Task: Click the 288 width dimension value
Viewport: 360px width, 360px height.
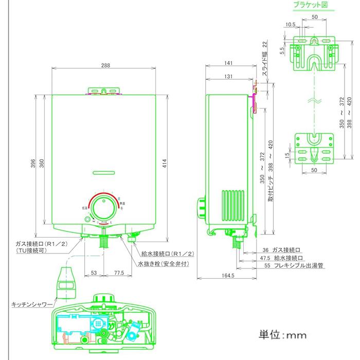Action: pyautogui.click(x=105, y=65)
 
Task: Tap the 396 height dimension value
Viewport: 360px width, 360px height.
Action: pyautogui.click(x=33, y=164)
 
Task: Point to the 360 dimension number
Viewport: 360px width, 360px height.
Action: pyautogui.click(x=42, y=164)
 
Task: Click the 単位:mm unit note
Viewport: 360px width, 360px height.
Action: pyautogui.click(x=282, y=335)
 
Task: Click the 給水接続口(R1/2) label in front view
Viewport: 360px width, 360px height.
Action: pyautogui.click(x=168, y=254)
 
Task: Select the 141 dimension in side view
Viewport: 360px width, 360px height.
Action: pyautogui.click(x=228, y=63)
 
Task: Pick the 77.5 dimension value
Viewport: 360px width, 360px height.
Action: pyautogui.click(x=120, y=273)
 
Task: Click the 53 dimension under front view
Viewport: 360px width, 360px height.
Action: pyautogui.click(x=94, y=273)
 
